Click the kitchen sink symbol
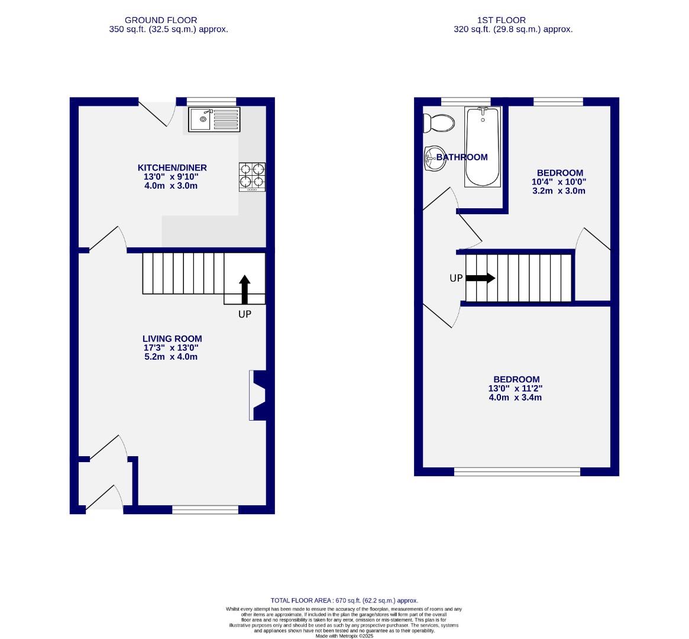(215, 120)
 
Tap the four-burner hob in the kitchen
(252, 176)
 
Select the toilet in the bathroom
(438, 123)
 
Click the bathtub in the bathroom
(483, 147)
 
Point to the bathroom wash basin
(434, 158)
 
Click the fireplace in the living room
(258, 395)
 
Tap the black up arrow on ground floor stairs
(244, 289)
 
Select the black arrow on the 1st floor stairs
(480, 278)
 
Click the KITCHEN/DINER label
(172, 167)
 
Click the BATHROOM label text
(462, 157)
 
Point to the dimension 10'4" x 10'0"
(559, 182)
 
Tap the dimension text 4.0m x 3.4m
(515, 398)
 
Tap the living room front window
(205, 509)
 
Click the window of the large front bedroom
(517, 472)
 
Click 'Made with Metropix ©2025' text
(344, 636)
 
